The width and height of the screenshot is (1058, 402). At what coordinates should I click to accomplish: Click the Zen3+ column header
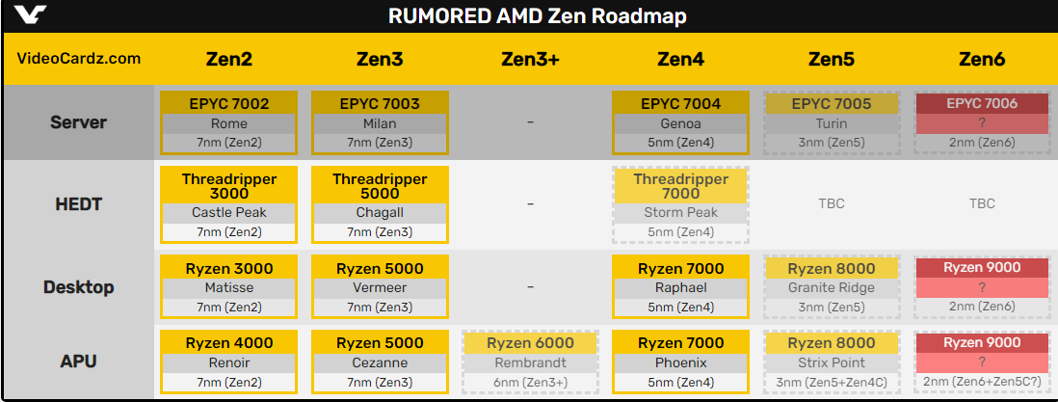pos(530,59)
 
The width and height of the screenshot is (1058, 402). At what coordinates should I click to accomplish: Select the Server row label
pos(78,122)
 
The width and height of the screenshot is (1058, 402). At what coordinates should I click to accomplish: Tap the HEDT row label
pos(78,203)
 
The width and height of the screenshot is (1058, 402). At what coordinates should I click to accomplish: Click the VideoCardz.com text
pos(79,59)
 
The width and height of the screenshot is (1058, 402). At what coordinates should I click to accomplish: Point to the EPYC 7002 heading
pos(229,104)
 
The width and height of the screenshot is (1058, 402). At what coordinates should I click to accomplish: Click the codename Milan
pos(380,123)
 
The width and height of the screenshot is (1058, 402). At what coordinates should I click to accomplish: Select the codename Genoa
pos(680,123)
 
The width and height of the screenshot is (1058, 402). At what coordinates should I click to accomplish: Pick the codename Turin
pos(832,123)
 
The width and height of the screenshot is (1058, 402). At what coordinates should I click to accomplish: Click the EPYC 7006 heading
pos(982,104)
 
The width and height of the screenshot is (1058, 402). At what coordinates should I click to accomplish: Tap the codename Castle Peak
pos(229,212)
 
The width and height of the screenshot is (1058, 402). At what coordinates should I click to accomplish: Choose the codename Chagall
pos(380,212)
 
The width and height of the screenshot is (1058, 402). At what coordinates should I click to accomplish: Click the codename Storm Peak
pos(680,212)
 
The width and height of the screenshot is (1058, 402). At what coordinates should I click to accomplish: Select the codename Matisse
pos(229,287)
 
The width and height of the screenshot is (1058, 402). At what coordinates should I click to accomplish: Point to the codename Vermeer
pos(380,287)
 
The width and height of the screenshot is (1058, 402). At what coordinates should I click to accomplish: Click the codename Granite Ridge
pos(832,287)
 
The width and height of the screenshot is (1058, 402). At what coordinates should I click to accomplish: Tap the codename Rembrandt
pos(530,363)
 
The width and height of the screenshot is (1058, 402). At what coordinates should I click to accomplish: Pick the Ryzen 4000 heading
pos(229,343)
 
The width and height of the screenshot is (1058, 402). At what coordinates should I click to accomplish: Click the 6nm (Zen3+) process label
pos(530,383)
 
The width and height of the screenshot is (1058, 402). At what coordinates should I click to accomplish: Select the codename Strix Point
pos(832,363)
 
